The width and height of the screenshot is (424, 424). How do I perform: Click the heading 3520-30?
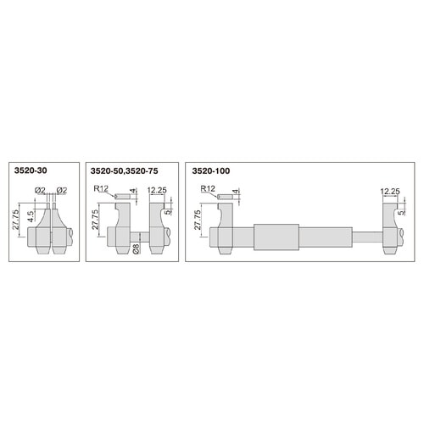click(31, 170)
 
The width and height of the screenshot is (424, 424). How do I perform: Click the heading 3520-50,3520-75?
click(124, 170)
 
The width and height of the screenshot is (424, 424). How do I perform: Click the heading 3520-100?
click(211, 170)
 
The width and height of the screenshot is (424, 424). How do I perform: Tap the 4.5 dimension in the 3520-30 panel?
click(31, 216)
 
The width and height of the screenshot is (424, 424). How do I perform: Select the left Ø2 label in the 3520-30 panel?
click(40, 191)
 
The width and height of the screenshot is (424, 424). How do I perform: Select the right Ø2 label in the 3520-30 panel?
click(62, 191)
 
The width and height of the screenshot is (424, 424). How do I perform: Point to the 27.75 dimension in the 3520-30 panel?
click(16, 219)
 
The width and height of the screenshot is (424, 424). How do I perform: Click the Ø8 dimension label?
click(137, 248)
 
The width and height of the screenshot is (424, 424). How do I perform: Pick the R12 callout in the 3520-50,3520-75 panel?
click(101, 188)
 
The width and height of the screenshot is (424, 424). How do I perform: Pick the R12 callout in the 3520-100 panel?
click(208, 188)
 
